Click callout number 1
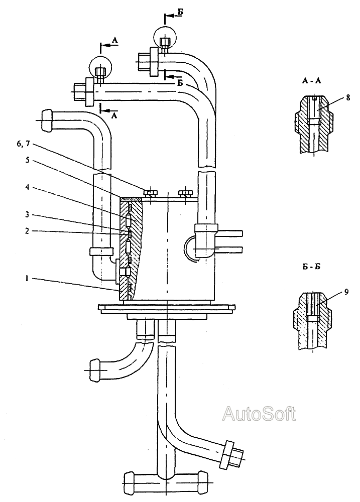(28, 279)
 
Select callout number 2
(28, 231)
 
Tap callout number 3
(28, 214)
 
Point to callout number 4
(28, 187)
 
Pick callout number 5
(28, 160)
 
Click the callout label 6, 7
(24, 144)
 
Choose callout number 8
(348, 97)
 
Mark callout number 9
(346, 292)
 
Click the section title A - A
(311, 81)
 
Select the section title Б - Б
(311, 267)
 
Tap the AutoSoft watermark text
(259, 413)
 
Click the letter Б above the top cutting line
(181, 12)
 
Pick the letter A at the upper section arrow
(115, 40)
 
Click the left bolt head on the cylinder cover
(150, 193)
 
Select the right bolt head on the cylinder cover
(185, 193)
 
